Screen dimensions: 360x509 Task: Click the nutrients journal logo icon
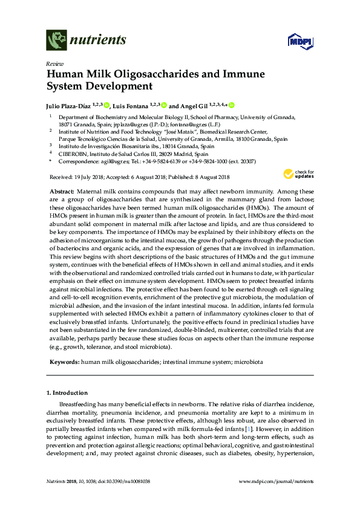57,41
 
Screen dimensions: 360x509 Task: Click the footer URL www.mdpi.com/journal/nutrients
277,482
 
